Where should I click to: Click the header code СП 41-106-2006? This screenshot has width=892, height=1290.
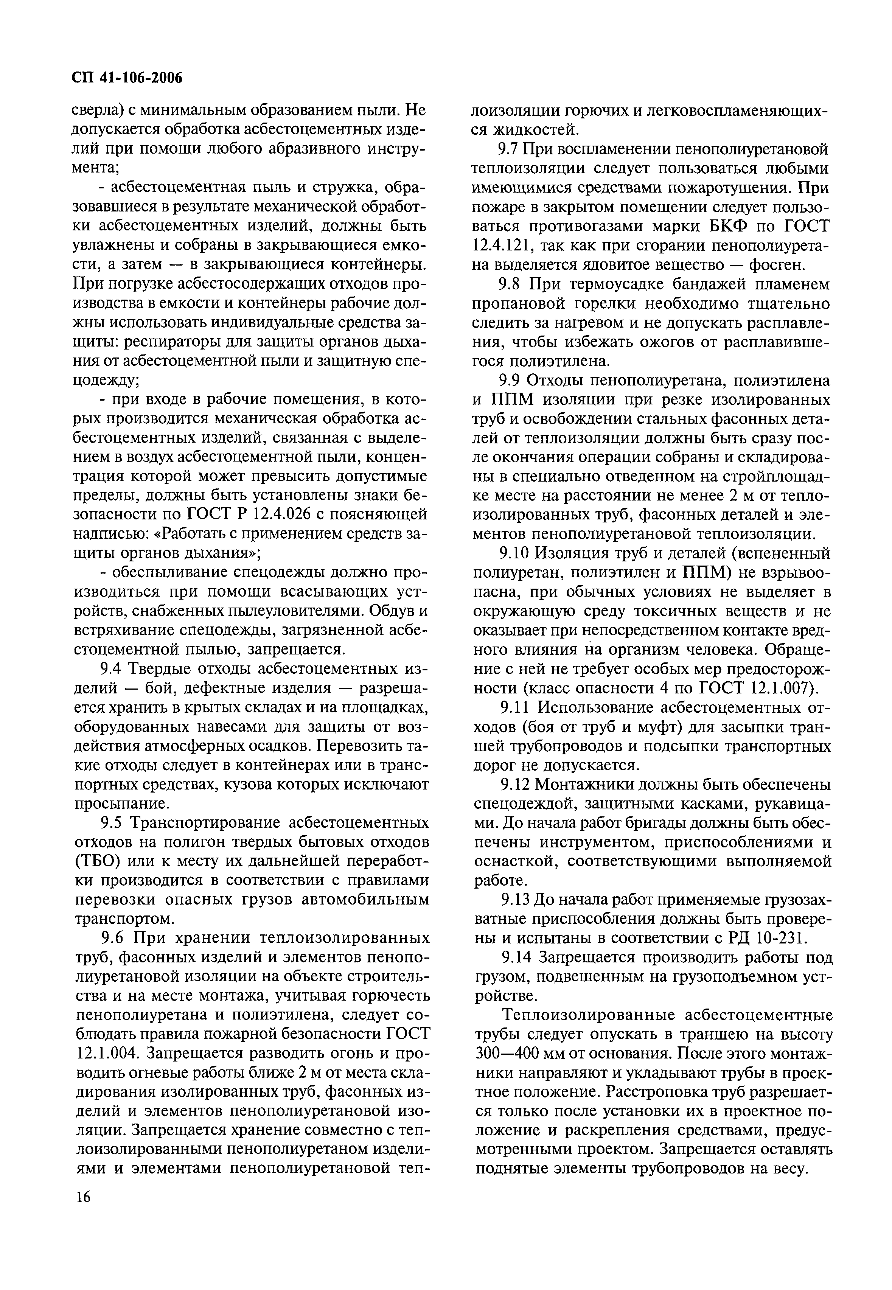coord(128,78)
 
